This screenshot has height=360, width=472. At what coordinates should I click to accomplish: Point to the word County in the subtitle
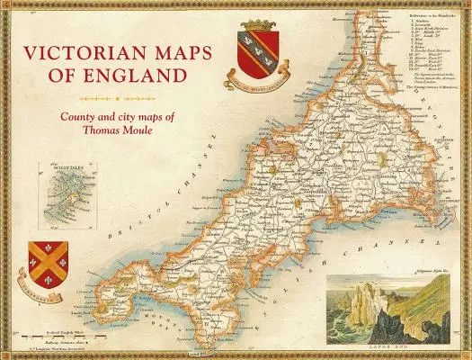81,116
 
